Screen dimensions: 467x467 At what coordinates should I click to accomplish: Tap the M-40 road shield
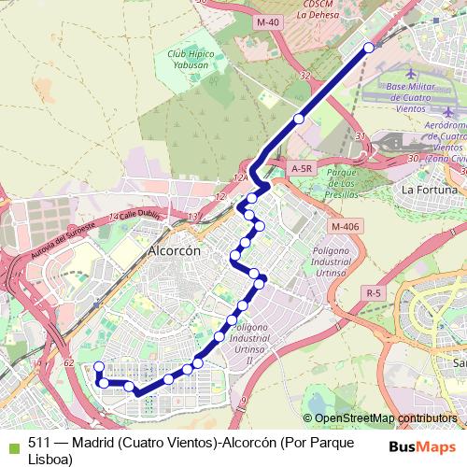(x=268, y=21)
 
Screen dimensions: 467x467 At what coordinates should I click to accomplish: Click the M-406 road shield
(x=345, y=225)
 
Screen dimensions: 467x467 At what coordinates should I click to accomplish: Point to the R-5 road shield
(x=375, y=293)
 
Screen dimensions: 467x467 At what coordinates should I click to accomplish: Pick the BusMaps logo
(x=422, y=446)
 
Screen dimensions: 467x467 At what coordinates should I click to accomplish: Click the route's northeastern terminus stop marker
(x=369, y=47)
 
